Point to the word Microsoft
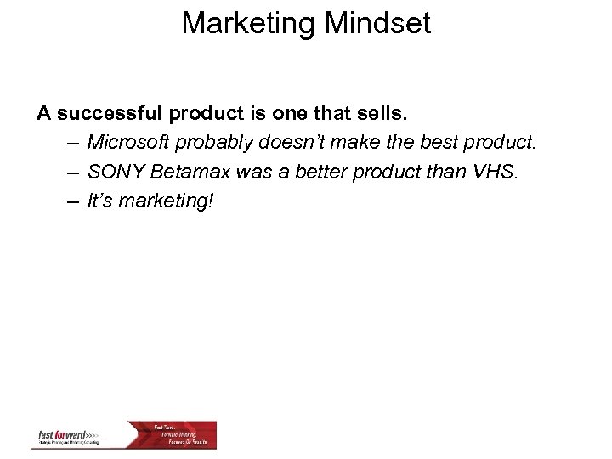pyautogui.click(x=128, y=142)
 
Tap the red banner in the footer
pyautogui.click(x=183, y=434)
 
